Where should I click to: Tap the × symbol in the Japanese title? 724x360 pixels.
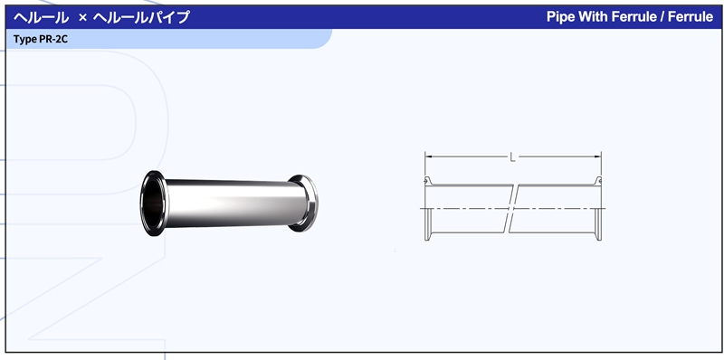pyautogui.click(x=82, y=18)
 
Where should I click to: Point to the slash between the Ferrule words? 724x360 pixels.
pyautogui.click(x=662, y=17)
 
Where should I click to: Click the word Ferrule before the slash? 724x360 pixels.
pyautogui.click(x=633, y=17)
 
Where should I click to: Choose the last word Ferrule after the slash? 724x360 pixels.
pyautogui.click(x=691, y=17)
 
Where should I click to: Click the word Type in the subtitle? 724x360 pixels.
pyautogui.click(x=25, y=39)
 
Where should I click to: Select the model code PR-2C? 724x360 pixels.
pyautogui.click(x=53, y=39)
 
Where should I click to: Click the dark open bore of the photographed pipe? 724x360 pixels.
pyautogui.click(x=154, y=204)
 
